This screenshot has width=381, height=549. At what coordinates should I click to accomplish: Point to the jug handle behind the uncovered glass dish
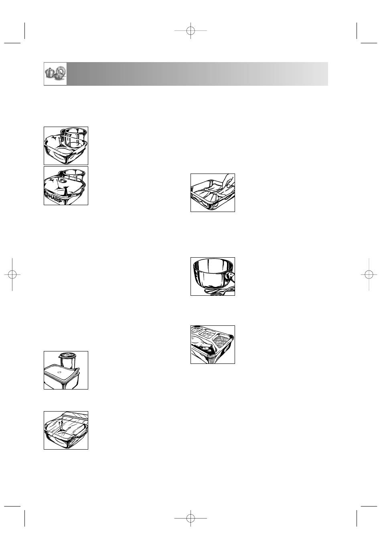(x=63, y=137)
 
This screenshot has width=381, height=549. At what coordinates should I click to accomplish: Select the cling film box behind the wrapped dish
(x=75, y=416)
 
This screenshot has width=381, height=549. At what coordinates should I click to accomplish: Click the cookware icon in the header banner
(x=55, y=74)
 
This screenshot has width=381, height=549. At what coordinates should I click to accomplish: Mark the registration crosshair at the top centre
(x=190, y=30)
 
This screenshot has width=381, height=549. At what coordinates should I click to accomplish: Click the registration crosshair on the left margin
(x=12, y=274)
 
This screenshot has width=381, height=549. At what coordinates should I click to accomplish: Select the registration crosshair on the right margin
(x=369, y=274)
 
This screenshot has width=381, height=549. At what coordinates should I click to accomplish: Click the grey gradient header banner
(x=197, y=74)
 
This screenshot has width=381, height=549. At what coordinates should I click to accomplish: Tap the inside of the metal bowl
(x=213, y=266)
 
